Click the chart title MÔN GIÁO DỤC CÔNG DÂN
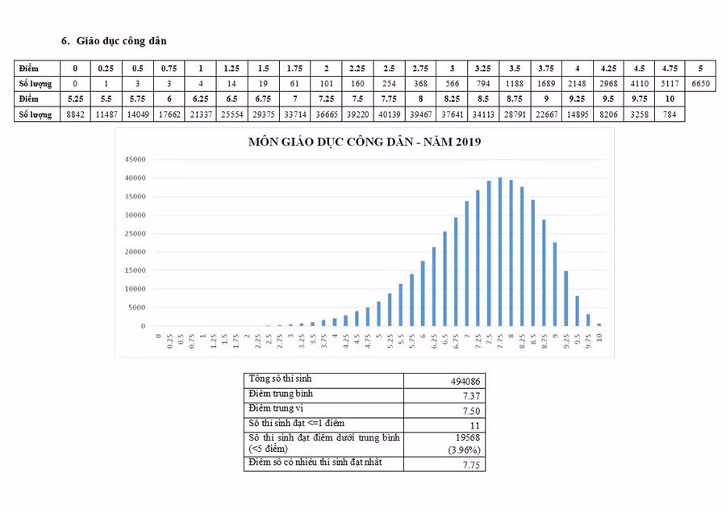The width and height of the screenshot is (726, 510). click(x=365, y=143)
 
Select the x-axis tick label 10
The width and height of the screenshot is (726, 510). click(x=599, y=337)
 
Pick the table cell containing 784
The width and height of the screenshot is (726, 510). click(x=669, y=114)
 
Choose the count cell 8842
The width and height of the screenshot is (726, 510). click(x=75, y=114)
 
